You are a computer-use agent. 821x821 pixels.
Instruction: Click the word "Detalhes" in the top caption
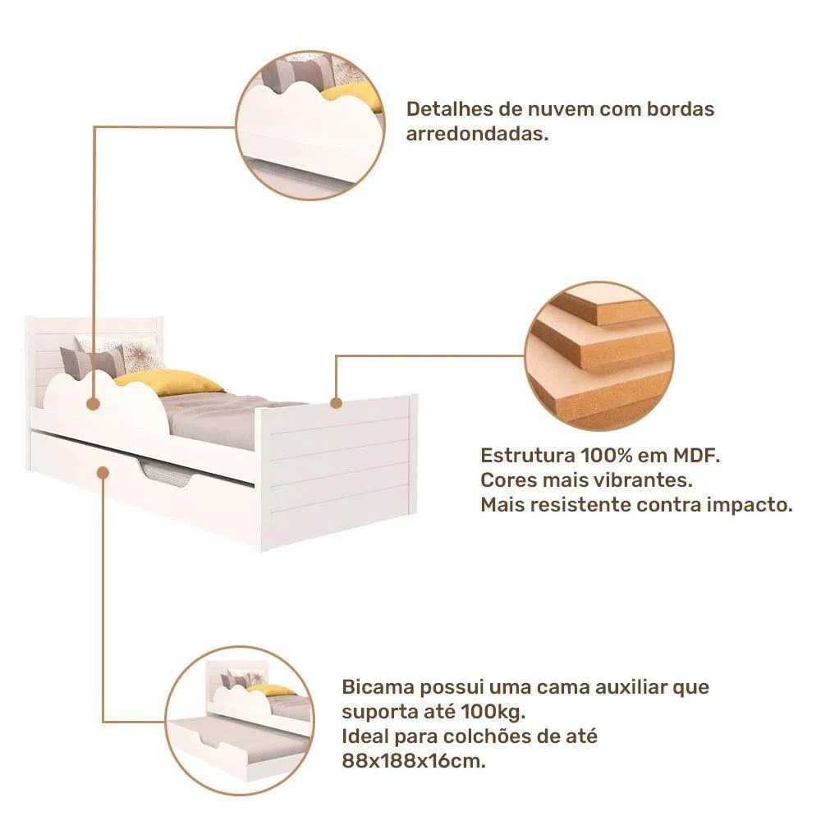[449, 109]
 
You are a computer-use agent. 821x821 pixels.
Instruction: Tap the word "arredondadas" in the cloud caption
[476, 134]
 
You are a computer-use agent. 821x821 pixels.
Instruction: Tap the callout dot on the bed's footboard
[337, 403]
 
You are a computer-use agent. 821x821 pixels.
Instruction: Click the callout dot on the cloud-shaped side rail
[94, 404]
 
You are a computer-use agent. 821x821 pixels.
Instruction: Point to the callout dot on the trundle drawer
[103, 473]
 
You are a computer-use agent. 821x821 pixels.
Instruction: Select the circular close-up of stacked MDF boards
[599, 356]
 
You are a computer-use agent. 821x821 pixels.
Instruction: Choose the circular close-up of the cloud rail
[310, 126]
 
